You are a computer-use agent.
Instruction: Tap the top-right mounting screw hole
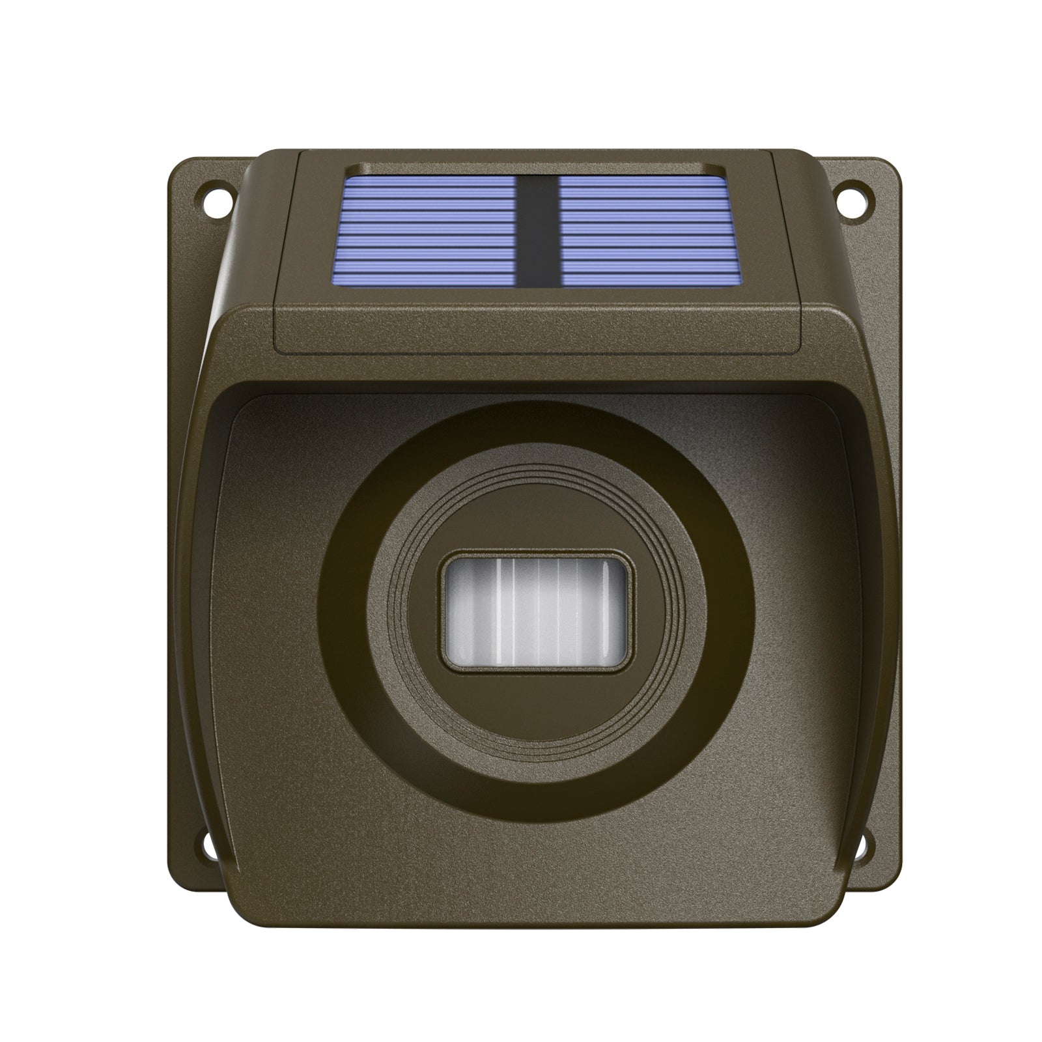[851, 195]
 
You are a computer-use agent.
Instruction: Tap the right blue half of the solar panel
[643, 232]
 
